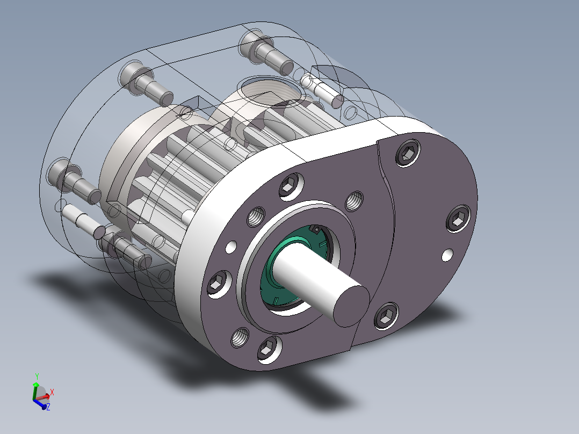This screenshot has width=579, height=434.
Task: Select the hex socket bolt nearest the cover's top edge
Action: pyautogui.click(x=407, y=155)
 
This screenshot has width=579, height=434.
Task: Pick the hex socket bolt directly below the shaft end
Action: pyautogui.click(x=385, y=317)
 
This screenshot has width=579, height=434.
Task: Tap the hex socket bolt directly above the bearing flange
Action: pyautogui.click(x=289, y=186)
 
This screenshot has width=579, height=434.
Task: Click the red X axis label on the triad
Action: pyautogui.click(x=52, y=392)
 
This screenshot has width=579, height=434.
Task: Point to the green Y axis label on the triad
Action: pyautogui.click(x=36, y=376)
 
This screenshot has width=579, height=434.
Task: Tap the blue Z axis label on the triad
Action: pyautogui.click(x=48, y=408)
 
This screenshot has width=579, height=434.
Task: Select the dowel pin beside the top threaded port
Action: pyautogui.click(x=321, y=90)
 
